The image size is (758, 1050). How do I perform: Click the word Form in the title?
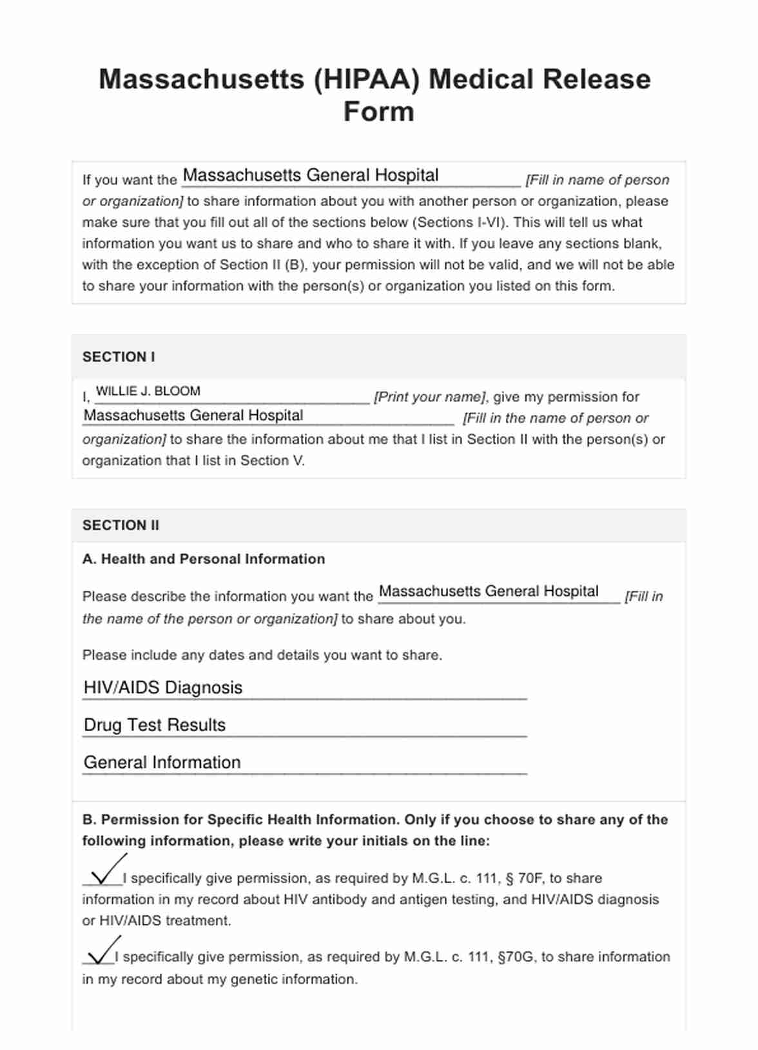[378, 111]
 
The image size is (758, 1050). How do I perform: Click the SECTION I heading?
[119, 357]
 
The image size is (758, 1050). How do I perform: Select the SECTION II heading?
[121, 526]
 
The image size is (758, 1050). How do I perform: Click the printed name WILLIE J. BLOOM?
[148, 391]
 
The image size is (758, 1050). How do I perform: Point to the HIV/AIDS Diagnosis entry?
[163, 687]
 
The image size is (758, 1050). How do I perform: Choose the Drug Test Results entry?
[155, 725]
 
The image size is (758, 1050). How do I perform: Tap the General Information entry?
[162, 762]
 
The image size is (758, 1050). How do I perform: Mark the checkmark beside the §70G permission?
[102, 951]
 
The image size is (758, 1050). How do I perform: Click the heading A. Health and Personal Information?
[204, 559]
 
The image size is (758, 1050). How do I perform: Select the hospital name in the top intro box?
[311, 175]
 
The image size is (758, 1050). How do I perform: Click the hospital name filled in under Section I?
[193, 415]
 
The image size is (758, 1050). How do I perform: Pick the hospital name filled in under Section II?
[489, 591]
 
